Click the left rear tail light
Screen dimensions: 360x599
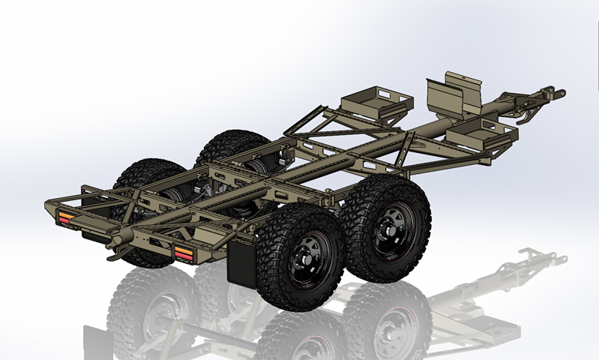67,217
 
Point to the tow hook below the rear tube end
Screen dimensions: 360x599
112,256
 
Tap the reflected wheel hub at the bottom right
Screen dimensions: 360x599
394,330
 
